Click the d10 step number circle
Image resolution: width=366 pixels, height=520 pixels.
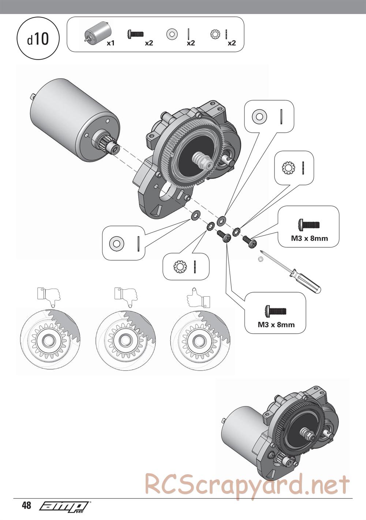[38, 39]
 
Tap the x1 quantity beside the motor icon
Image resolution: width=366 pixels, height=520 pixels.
[111, 43]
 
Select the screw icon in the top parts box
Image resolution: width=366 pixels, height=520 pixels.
[135, 34]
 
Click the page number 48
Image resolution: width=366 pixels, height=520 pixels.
[26, 506]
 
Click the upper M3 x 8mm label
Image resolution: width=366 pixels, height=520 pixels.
[309, 238]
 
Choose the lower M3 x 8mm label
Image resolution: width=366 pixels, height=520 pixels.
[276, 324]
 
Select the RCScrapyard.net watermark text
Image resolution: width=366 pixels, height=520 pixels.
[247, 484]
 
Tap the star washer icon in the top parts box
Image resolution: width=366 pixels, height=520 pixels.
[215, 34]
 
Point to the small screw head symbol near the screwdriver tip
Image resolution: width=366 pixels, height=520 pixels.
[261, 259]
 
